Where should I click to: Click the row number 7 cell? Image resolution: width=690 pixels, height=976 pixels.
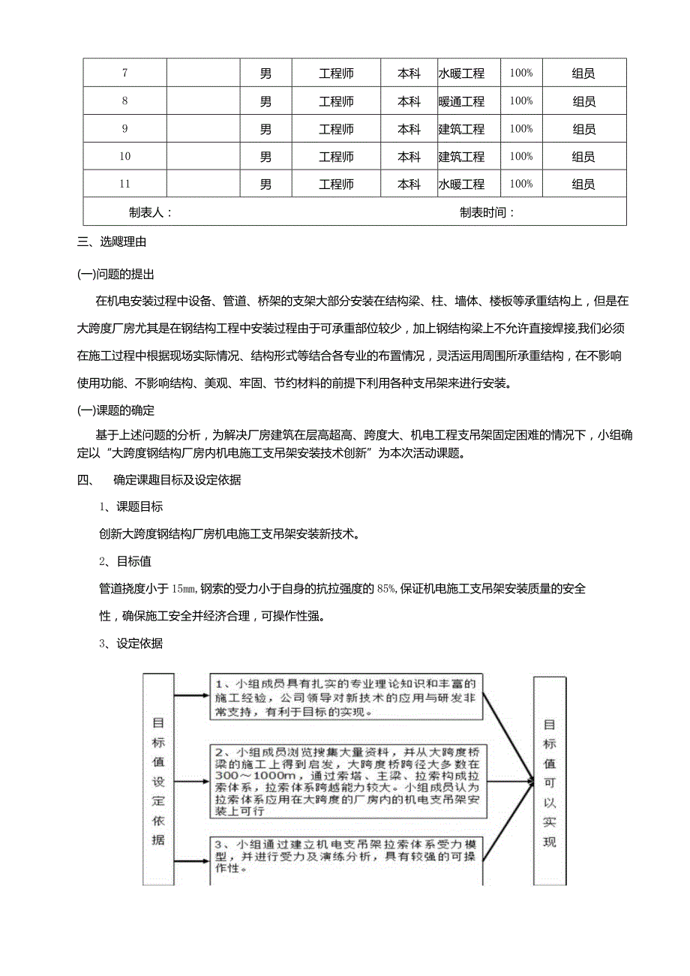coord(124,74)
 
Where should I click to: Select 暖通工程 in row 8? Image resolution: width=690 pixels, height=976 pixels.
coord(461,101)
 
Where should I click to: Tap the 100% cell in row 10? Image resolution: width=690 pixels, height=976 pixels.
coord(520,157)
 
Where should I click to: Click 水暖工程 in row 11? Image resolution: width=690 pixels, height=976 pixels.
coord(461,185)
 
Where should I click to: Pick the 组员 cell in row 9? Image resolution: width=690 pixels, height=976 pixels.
coord(583,129)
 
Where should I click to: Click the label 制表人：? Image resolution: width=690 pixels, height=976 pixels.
coord(151,212)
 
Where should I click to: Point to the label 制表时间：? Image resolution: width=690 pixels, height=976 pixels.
coord(487,212)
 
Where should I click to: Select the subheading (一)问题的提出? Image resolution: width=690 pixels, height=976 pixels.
coord(116,274)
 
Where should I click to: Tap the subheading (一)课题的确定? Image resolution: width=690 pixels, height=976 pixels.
coord(116,410)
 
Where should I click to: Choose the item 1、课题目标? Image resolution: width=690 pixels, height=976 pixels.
coord(131,507)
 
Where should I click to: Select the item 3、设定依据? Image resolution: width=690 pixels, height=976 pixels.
coord(131,643)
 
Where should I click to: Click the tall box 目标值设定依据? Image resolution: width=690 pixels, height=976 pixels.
coord(158,779)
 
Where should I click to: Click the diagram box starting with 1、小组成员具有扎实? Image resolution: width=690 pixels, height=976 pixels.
coord(346,697)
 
